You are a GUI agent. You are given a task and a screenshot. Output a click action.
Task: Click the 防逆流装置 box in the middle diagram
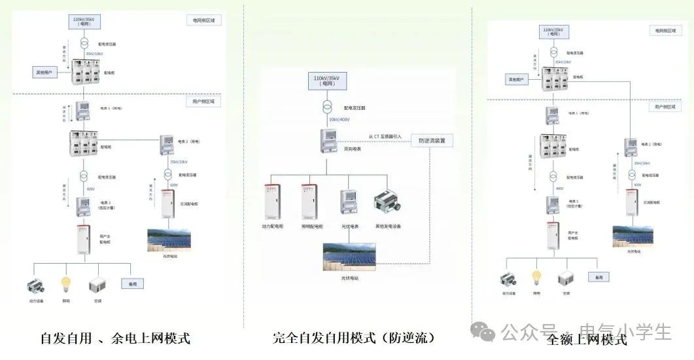(432, 140)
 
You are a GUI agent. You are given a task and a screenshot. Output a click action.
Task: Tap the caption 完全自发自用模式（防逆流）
(354, 338)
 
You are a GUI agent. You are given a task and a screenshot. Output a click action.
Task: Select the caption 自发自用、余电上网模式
(115, 338)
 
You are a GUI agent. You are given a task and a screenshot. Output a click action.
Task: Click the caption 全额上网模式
(587, 339)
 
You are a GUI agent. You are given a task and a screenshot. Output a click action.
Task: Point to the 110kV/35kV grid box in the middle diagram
(328, 81)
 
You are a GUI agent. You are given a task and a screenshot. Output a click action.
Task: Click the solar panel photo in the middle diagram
(349, 258)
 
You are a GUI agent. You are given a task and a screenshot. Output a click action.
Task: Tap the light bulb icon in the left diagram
(65, 285)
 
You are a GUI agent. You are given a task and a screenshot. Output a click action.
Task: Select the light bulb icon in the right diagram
(536, 278)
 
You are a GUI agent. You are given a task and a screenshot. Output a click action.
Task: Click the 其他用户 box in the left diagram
(46, 71)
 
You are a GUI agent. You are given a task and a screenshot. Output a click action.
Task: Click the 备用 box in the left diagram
(133, 284)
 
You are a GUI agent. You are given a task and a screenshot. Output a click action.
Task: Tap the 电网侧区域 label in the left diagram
(205, 21)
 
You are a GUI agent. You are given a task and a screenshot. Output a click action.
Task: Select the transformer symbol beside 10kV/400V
(327, 107)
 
